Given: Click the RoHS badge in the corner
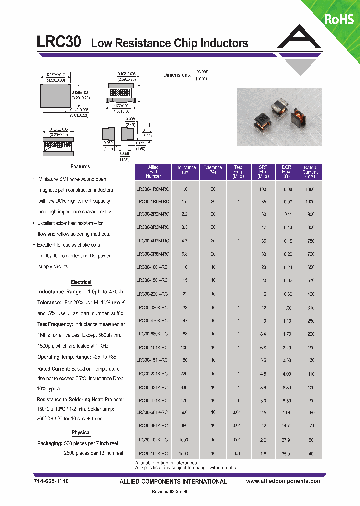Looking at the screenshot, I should tap(339, 19).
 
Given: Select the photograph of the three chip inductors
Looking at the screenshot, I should tap(274, 117).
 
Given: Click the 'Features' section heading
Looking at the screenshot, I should tap(80, 167).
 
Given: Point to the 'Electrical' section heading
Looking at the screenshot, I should tap(81, 282).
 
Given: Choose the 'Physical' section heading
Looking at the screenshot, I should tap(81, 432).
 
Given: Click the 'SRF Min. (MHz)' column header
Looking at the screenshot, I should tap(263, 172).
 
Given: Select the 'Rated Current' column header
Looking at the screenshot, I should tap(310, 172).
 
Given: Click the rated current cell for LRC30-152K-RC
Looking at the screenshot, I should tap(311, 453).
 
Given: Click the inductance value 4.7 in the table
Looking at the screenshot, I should tap(185, 241).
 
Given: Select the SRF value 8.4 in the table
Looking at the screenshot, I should tap(263, 333).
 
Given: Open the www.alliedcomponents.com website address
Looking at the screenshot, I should tap(284, 481).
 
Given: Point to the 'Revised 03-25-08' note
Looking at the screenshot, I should tap(170, 492).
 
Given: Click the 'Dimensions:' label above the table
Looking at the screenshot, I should tap(177, 75).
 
